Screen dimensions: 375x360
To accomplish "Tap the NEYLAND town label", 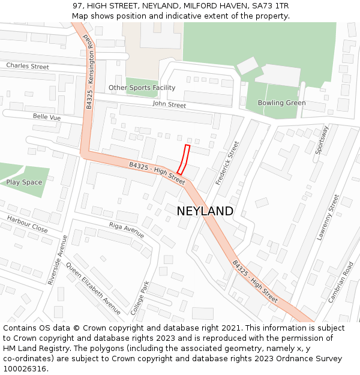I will (205, 211).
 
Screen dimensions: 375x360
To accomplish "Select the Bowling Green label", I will (281, 103).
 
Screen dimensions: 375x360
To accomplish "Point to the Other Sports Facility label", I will (142, 88).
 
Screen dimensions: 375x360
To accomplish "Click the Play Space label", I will (24, 182).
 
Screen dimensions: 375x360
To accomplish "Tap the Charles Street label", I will (28, 66).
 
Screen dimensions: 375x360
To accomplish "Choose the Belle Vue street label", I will (47, 118).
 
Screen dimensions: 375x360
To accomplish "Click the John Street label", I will (169, 105).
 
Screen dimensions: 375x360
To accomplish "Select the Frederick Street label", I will (227, 163).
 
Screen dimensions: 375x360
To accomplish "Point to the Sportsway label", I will (322, 140).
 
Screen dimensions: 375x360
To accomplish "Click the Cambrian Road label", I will (341, 281).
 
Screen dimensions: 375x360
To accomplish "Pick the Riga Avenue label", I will (127, 230).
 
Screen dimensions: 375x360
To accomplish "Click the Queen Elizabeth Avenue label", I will (93, 288).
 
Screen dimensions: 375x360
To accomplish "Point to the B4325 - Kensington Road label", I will (88, 70).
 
